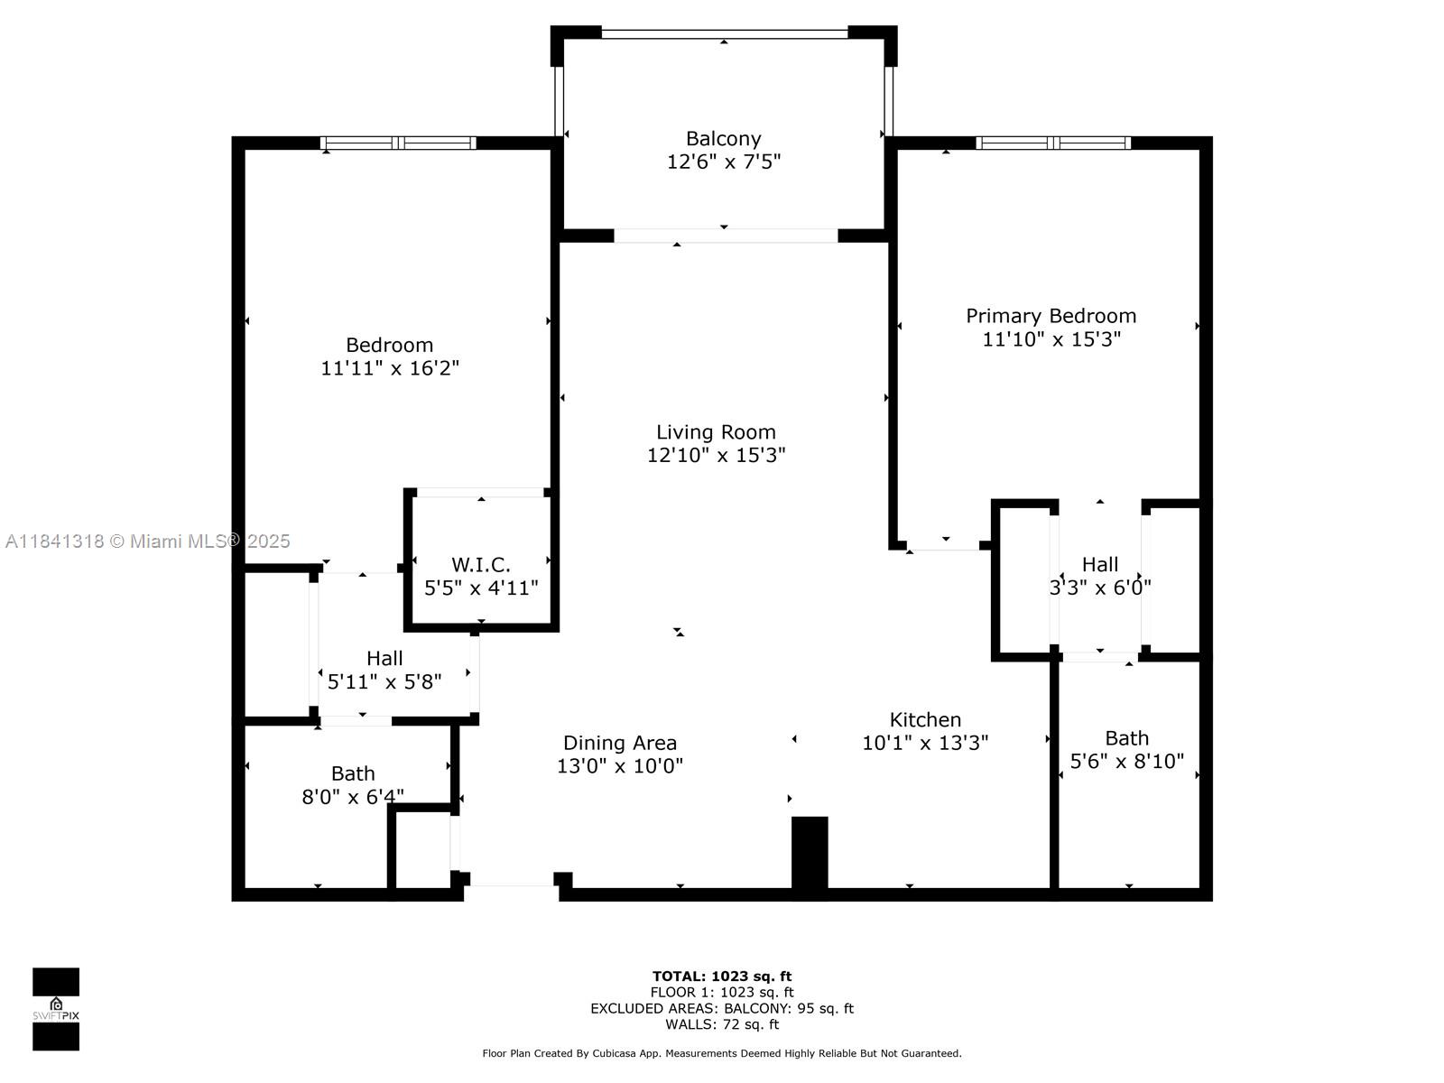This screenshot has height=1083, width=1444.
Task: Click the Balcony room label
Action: [723, 139]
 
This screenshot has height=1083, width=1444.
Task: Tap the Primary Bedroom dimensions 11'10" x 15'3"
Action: [1051, 339]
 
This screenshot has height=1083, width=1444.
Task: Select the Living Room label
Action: [716, 432]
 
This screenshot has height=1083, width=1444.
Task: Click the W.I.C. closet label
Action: [481, 565]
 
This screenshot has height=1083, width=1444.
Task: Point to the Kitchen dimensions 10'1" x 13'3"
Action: [925, 743]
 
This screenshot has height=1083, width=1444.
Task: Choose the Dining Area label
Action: [620, 743]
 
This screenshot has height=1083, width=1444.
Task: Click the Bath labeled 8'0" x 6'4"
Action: [353, 774]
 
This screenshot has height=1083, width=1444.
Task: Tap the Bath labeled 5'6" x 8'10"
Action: [1126, 738]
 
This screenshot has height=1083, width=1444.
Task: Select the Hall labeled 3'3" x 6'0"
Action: [1099, 565]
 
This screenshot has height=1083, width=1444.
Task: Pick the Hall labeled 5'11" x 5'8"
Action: [384, 659]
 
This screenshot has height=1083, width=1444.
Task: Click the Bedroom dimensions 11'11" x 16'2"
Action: [390, 368]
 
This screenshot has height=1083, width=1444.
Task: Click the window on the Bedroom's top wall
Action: [398, 143]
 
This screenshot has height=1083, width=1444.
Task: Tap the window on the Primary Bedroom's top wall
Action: [1053, 143]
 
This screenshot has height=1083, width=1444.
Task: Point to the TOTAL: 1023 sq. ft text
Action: [722, 976]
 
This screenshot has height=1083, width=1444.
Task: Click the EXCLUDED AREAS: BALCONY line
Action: [722, 1008]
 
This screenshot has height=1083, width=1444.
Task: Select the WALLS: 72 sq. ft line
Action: [722, 1024]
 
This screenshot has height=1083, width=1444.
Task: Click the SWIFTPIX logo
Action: [56, 1009]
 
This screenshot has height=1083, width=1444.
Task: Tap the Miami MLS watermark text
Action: [148, 541]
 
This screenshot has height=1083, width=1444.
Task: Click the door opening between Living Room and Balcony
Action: [726, 236]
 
